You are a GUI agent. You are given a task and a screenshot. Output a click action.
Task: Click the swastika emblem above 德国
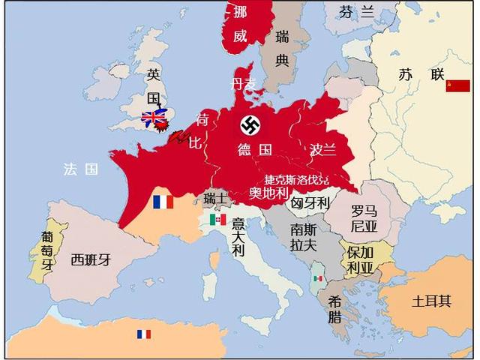point(250,124)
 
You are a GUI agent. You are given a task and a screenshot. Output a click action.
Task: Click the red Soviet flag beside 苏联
point(457,85)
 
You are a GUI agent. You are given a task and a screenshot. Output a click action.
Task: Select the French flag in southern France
point(163,202)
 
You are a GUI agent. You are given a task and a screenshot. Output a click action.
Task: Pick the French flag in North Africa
point(142,334)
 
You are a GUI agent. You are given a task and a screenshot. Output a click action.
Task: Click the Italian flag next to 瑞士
point(218,219)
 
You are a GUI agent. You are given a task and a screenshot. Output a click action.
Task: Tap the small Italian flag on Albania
point(318,278)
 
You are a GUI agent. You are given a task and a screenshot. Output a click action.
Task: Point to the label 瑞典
point(282,48)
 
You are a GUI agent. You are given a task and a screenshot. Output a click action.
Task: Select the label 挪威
point(239,23)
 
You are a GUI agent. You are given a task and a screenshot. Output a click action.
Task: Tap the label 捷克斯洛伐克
point(296,179)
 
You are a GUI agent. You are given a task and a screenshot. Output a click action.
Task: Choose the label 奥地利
point(268,193)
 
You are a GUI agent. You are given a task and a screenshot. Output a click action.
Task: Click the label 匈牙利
point(310,202)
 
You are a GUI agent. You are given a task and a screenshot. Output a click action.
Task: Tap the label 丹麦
point(244,82)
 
